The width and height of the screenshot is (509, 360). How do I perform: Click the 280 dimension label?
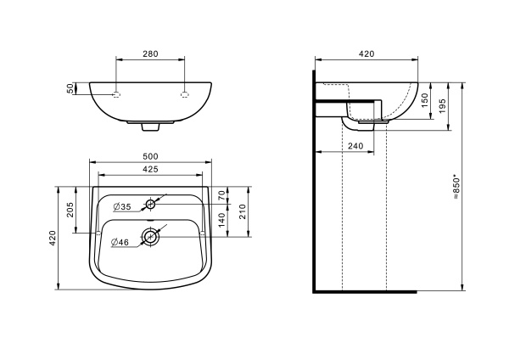(x=150, y=54)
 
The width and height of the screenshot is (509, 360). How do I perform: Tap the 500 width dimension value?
(x=150, y=156)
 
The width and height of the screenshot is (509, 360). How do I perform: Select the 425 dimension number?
(x=150, y=169)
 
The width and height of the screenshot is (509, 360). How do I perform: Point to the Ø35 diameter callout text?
(x=122, y=206)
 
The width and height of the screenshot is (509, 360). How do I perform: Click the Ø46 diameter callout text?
(x=120, y=242)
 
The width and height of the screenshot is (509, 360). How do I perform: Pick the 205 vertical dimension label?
(x=70, y=210)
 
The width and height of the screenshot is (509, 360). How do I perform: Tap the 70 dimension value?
(x=221, y=195)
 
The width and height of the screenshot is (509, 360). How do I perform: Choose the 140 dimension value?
(x=221, y=220)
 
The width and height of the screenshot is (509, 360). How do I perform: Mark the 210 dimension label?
(x=243, y=212)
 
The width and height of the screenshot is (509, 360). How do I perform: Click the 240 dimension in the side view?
(x=355, y=146)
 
